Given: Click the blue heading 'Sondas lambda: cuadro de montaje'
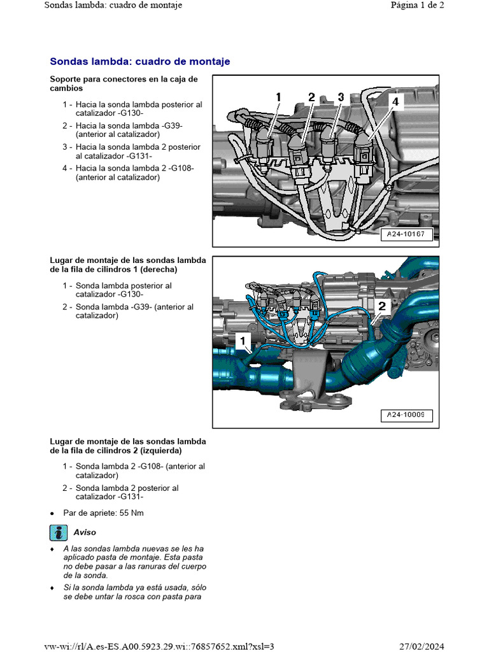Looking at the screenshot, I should (x=139, y=62).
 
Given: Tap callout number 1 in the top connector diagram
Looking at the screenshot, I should (x=278, y=97).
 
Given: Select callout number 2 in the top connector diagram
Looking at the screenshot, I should (x=311, y=97).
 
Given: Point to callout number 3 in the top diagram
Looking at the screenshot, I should (x=341, y=97).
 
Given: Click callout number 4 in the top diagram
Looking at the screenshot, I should (x=395, y=101).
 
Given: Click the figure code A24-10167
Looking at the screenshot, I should (x=406, y=234).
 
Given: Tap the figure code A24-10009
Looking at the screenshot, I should (x=406, y=416).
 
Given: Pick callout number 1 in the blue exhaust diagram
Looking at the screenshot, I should (x=243, y=342).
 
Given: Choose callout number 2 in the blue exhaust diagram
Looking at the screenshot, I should (x=381, y=306).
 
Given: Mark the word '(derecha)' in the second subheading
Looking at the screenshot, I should (x=162, y=269).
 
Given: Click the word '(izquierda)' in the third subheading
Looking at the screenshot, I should (x=167, y=451).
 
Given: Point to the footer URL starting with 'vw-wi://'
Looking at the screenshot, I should (x=159, y=646).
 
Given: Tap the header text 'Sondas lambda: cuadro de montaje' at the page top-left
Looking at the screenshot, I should (x=113, y=5).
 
